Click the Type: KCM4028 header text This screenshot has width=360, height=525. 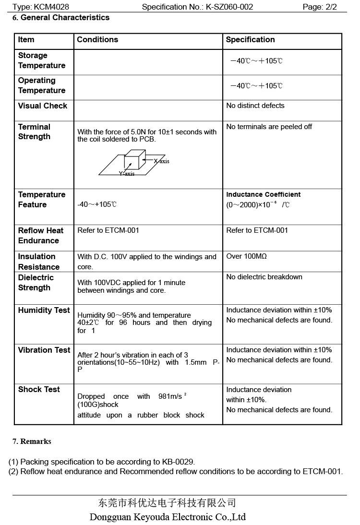click(x=41, y=7)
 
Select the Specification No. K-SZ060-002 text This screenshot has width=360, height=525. click(x=197, y=7)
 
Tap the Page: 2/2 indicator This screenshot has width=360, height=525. click(x=320, y=7)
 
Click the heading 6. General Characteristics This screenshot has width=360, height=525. click(x=61, y=18)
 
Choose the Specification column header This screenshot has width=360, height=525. click(x=250, y=40)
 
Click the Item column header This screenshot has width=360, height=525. click(x=26, y=40)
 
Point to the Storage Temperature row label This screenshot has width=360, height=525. click(x=41, y=60)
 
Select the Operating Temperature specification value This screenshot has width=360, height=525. click(x=256, y=86)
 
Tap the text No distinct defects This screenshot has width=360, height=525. click(x=255, y=106)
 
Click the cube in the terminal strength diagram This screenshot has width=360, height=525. click(x=135, y=159)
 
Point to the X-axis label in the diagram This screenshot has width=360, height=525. click(x=162, y=161)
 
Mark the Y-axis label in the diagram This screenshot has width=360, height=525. click(x=127, y=174)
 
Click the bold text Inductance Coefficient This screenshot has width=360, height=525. click(x=263, y=194)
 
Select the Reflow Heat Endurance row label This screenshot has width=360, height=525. click(x=40, y=236)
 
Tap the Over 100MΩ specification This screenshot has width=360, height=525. click(x=246, y=256)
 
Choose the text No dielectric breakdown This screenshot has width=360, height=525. click(x=264, y=277)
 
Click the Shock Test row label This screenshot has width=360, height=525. click(x=39, y=390)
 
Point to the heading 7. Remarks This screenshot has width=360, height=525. click(x=32, y=441)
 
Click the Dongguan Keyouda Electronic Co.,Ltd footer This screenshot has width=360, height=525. click(x=168, y=517)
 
